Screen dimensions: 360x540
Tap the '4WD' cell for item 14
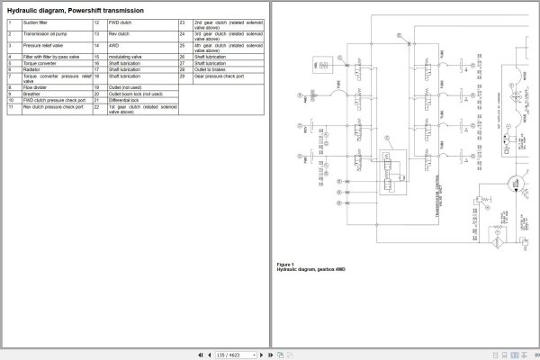coord(115,43)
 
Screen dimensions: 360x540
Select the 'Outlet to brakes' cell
coord(211,70)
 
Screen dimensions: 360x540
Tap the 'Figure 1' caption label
coord(284,263)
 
